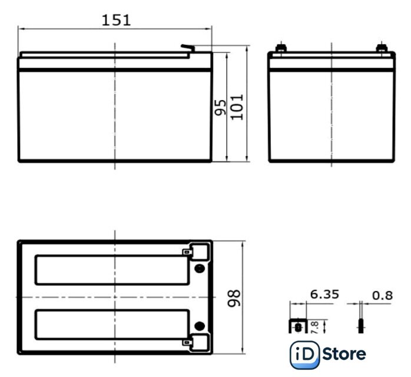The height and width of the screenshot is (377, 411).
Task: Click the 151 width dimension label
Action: (x=116, y=20)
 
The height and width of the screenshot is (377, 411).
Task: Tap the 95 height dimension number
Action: (x=220, y=107)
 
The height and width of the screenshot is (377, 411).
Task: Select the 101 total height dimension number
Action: (x=237, y=107)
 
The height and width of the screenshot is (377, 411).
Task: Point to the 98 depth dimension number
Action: (x=234, y=298)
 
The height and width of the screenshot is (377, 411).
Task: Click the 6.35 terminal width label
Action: (x=324, y=295)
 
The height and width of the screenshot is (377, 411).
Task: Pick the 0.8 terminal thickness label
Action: (x=382, y=296)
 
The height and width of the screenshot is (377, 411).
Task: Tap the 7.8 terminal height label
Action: (x=314, y=328)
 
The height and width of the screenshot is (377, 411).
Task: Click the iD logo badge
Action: (x=304, y=355)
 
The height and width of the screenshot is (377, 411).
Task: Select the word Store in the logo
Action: (x=344, y=354)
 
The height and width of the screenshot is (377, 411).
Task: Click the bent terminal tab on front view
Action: (x=188, y=48)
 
